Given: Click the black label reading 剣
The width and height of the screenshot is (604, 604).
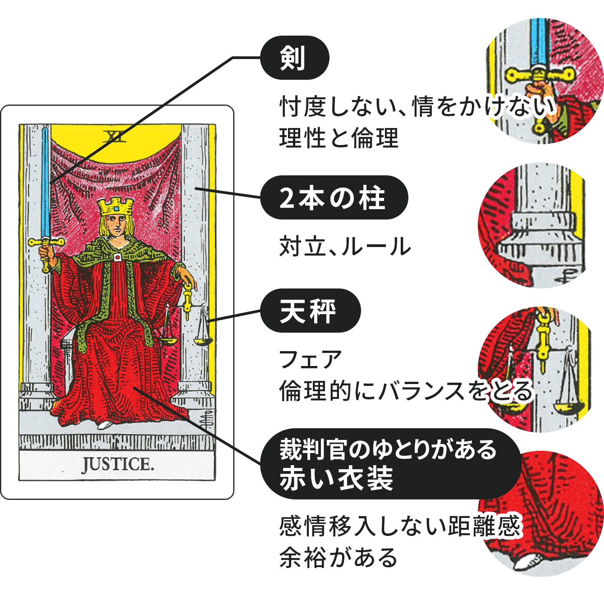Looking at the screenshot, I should click(294, 58).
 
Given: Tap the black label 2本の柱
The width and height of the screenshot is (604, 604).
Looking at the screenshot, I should click(334, 198).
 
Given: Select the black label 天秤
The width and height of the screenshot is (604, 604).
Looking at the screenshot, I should click(310, 311).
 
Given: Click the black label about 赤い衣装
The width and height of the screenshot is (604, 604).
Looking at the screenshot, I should click(388, 464).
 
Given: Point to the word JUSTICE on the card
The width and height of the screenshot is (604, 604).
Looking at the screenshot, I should click(117, 464).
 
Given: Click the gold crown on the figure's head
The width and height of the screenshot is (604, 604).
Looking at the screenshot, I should click(116, 207).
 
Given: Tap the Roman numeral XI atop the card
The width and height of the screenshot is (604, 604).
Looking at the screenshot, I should click(114, 136).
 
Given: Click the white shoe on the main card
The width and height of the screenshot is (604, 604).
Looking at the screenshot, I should click(105, 424).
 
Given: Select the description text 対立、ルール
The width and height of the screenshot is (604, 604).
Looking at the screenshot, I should click(345, 247).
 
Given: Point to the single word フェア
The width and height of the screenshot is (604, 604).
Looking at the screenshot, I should click(311, 359).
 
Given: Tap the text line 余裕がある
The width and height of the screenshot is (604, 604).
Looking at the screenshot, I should click(338, 557).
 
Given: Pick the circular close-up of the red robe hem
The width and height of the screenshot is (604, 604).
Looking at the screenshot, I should click(548, 514).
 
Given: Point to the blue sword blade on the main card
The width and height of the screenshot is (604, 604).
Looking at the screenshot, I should click(45, 180).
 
